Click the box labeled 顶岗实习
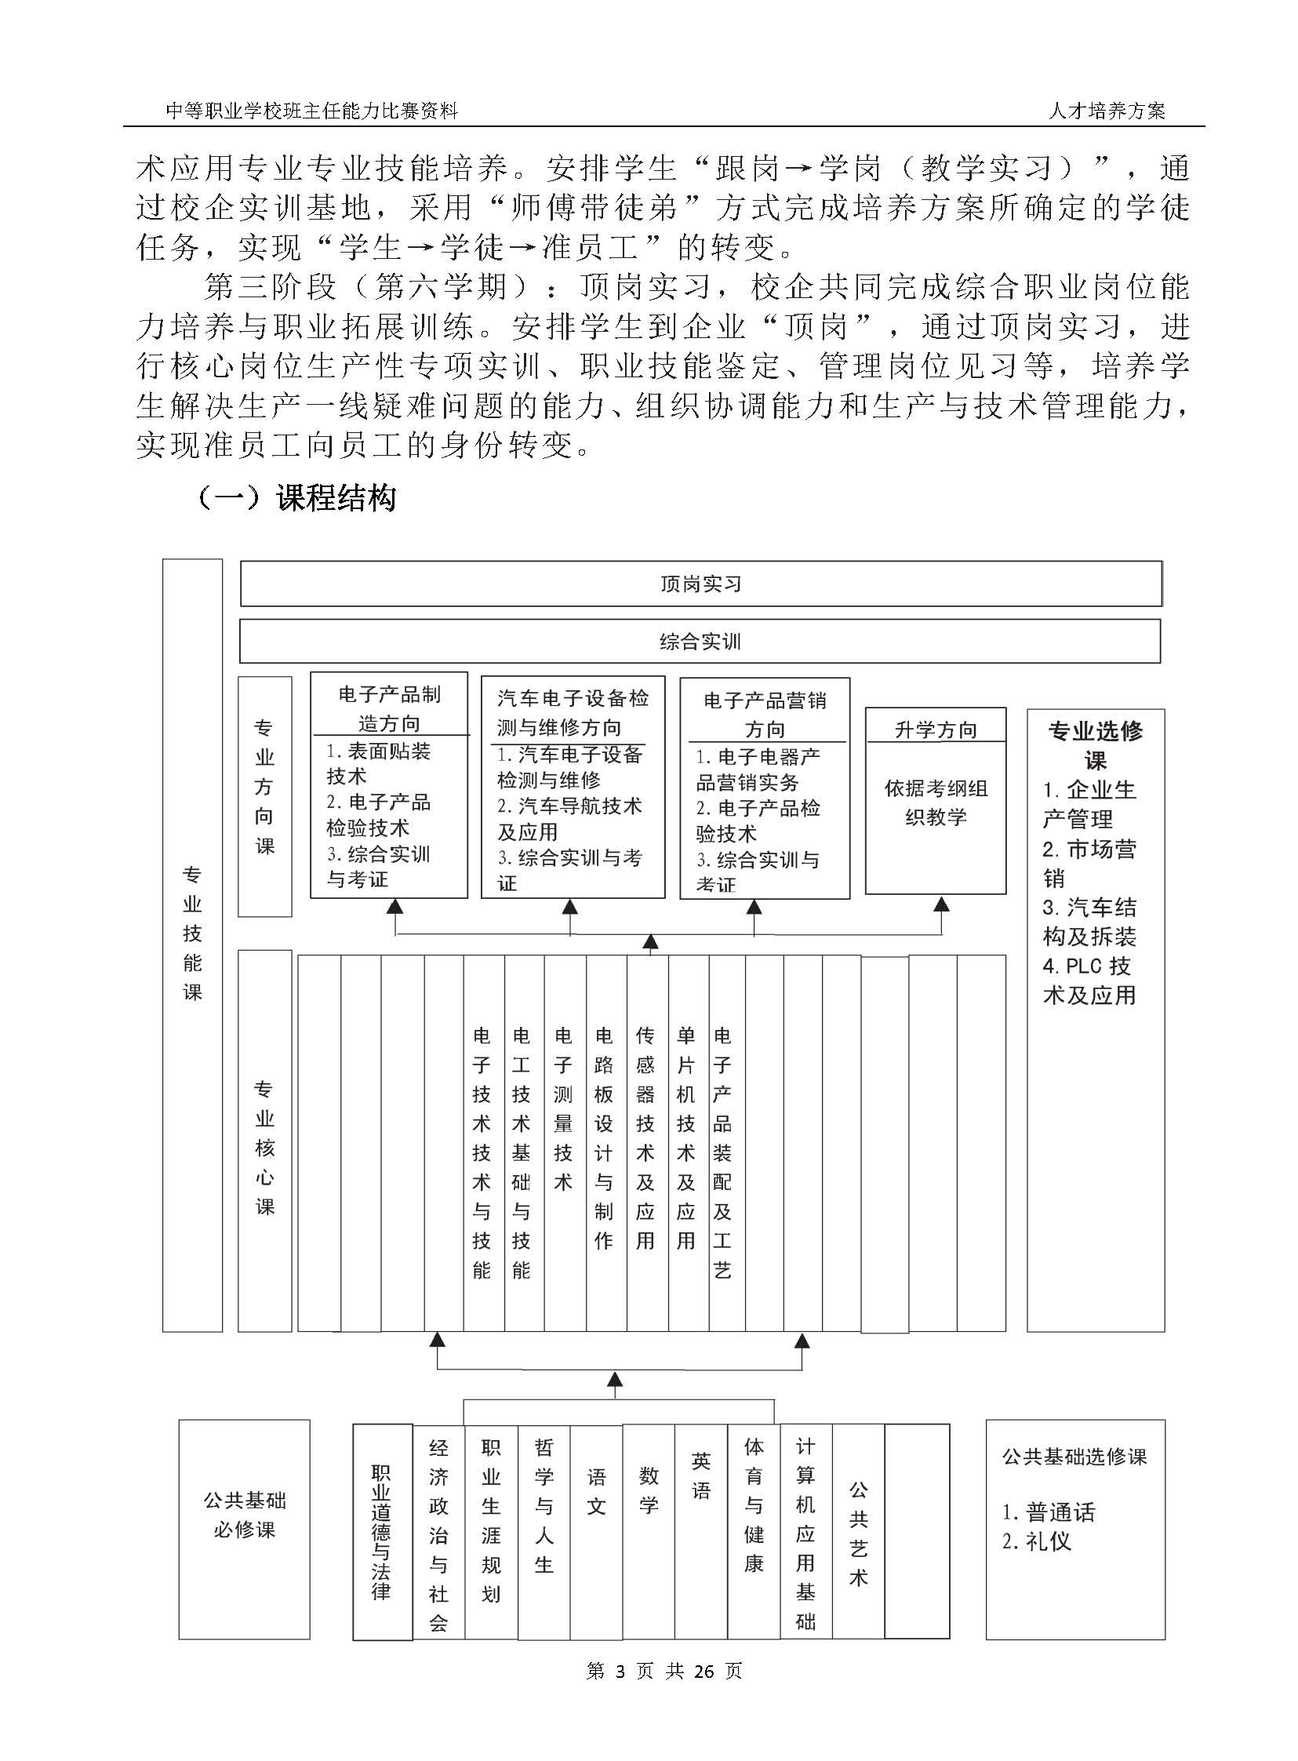click(700, 584)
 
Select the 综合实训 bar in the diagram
click(700, 641)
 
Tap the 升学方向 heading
click(935, 730)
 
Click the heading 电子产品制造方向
click(389, 708)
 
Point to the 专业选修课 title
click(1096, 745)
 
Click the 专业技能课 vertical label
click(192, 933)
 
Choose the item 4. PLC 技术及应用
click(1089, 981)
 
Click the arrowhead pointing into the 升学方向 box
click(941, 904)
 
